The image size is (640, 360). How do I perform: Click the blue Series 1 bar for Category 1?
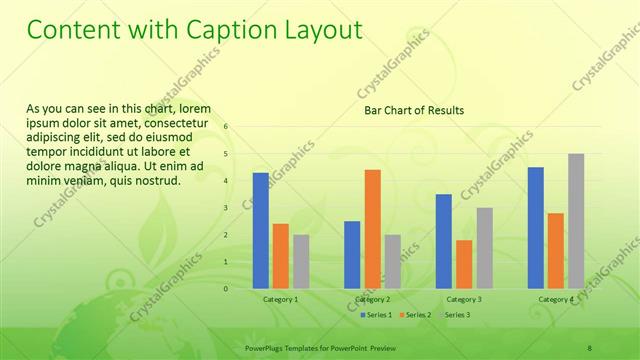260,231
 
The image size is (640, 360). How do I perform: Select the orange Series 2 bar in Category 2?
372,229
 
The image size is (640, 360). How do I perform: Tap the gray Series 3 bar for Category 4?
576,221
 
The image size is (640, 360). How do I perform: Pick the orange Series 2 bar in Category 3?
464,264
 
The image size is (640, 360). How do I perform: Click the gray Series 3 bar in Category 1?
301,262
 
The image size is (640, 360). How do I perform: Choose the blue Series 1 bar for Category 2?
352,255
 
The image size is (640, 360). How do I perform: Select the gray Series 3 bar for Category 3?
484,248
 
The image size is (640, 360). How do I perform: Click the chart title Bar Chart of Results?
413,110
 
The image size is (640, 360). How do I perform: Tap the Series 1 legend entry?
377,315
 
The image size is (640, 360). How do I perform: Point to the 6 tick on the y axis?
226,127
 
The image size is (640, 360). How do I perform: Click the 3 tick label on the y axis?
226,208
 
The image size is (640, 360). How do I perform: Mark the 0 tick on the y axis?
226,289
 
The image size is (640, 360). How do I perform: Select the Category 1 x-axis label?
280,299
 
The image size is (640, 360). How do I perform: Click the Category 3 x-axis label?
464,299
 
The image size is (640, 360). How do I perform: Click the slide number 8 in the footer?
590,346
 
